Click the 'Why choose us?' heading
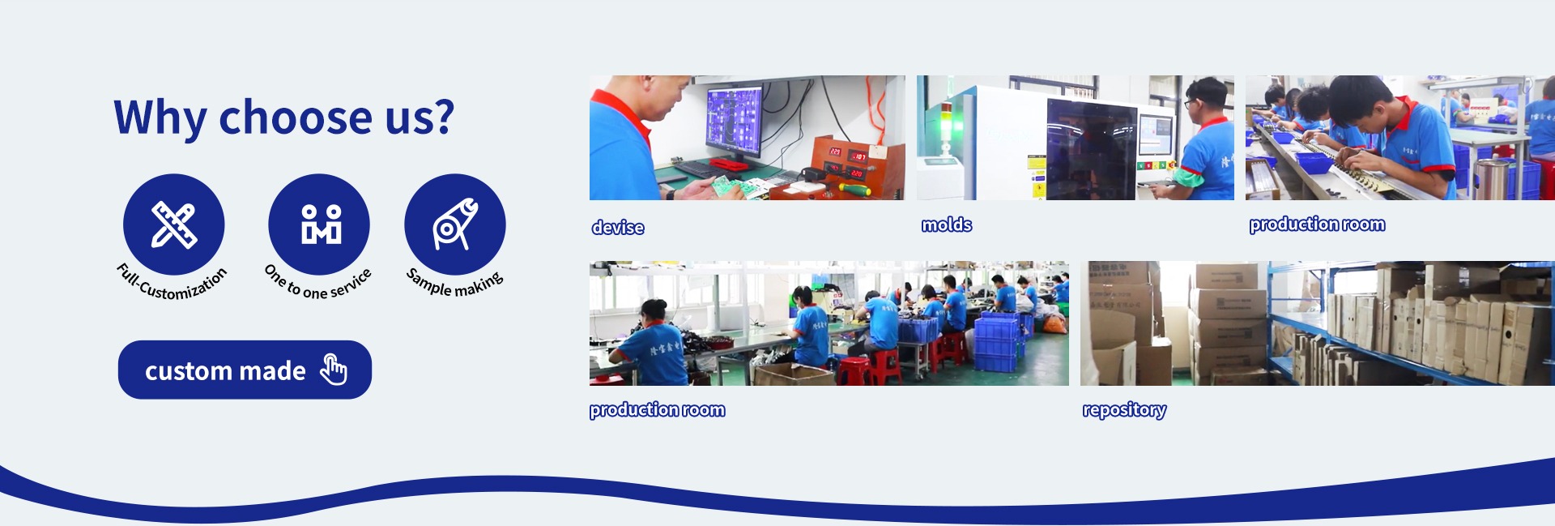pyautogui.click(x=283, y=118)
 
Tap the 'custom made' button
pyautogui.click(x=245, y=370)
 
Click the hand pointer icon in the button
pyautogui.click(x=334, y=370)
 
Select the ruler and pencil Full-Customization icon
pyautogui.click(x=173, y=225)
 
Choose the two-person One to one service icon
pyautogui.click(x=319, y=225)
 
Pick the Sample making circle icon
pyautogui.click(x=455, y=225)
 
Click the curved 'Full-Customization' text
pyautogui.click(x=173, y=283)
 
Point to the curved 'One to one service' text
pyautogui.click(x=318, y=283)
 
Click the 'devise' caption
pyautogui.click(x=618, y=228)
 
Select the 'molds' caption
pyautogui.click(x=947, y=225)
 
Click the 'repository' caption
pyautogui.click(x=1124, y=410)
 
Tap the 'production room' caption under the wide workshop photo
pyautogui.click(x=657, y=410)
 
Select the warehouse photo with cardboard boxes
pyautogui.click(x=1318, y=323)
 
